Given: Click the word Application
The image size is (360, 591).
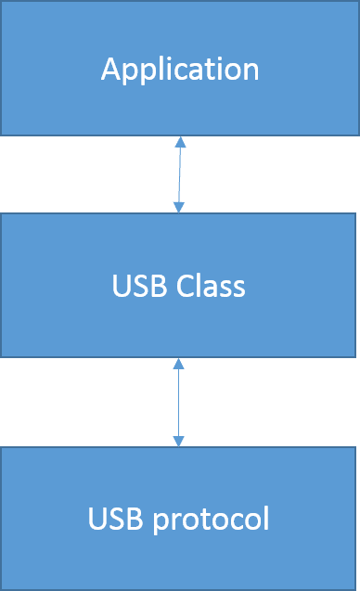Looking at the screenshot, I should [180, 70].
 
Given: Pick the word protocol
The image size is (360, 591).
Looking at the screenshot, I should [213, 519].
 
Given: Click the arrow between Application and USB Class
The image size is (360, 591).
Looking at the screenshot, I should [179, 174].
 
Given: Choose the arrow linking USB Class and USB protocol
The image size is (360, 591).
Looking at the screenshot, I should [178, 402].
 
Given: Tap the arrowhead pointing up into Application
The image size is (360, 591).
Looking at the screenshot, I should [180, 142].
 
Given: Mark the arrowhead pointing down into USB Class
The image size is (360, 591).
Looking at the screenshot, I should [179, 207].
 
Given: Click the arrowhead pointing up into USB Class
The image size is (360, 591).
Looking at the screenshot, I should [178, 363].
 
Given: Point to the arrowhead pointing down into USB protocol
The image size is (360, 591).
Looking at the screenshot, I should [178, 441].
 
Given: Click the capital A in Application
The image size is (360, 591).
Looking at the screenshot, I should [110, 70].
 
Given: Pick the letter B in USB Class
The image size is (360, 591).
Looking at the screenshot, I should [152, 286].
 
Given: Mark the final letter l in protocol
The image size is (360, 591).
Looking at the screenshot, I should [265, 517].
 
